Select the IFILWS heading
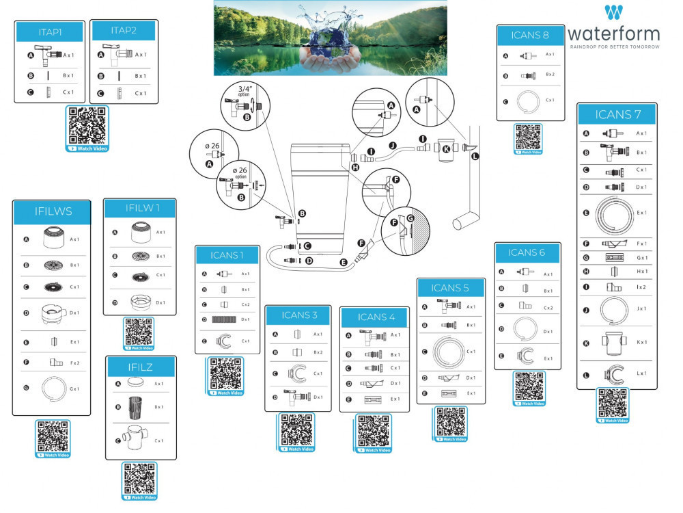click(x=51, y=211)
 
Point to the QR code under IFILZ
click(x=139, y=479)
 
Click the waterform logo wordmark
click(x=614, y=33)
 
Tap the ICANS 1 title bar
click(x=227, y=256)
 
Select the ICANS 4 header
click(x=377, y=317)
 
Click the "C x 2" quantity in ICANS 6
click(x=548, y=308)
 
